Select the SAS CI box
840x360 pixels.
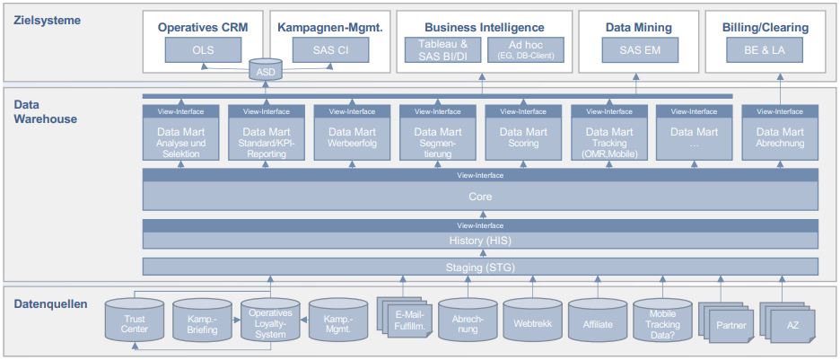pos(330,50)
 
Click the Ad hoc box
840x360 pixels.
pos(524,50)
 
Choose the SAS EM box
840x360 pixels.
pos(640,50)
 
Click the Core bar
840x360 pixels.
pos(480,196)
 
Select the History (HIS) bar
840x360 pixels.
pos(480,240)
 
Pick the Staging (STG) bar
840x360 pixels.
pos(480,267)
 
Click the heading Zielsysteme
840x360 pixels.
pos(47,20)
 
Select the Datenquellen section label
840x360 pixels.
pos(49,303)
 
